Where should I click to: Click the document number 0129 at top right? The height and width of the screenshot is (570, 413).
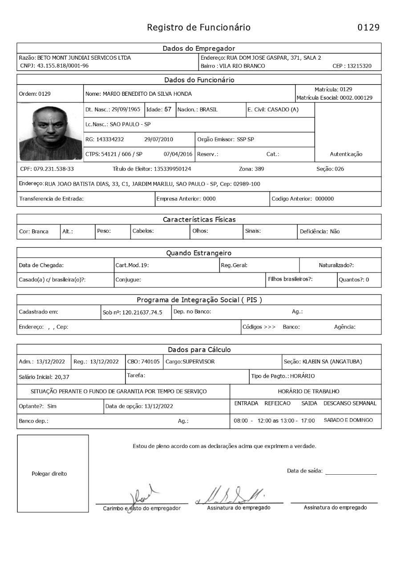(368, 28)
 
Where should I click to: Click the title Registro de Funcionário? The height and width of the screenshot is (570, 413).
(198, 28)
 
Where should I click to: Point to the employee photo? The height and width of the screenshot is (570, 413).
(50, 132)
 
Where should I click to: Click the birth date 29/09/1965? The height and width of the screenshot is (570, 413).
(126, 110)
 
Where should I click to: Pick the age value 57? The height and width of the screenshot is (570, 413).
(168, 110)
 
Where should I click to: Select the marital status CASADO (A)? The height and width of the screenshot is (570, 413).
(283, 110)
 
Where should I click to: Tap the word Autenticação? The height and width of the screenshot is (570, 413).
(346, 154)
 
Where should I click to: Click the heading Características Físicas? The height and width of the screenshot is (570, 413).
(199, 220)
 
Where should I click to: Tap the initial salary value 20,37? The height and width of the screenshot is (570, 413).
(62, 377)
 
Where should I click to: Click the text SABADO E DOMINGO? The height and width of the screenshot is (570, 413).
(348, 420)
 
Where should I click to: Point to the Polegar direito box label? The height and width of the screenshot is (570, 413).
(49, 474)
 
